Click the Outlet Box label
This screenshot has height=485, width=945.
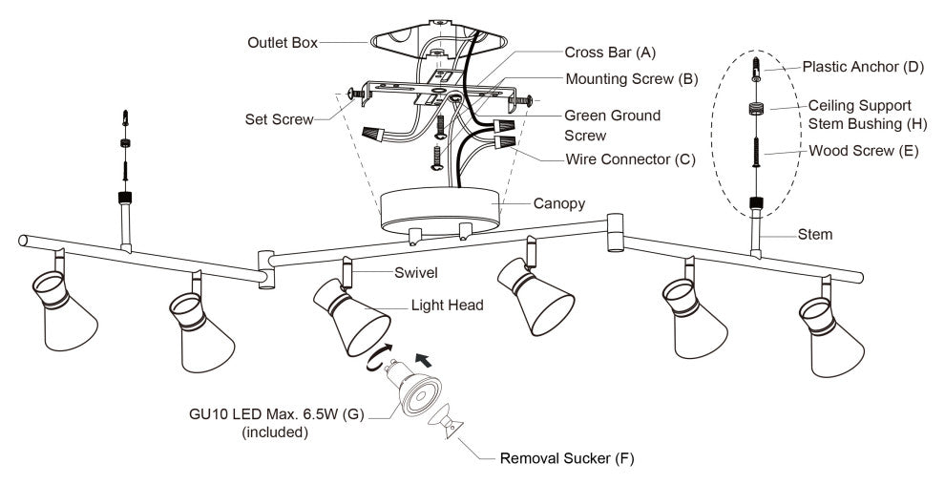click(282, 43)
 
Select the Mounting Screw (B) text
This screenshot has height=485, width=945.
click(632, 79)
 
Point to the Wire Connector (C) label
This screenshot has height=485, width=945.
click(629, 158)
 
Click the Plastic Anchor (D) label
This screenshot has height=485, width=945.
click(861, 68)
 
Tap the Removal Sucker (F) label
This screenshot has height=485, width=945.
click(567, 458)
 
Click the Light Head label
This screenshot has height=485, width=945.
click(445, 306)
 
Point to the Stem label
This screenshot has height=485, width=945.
click(815, 234)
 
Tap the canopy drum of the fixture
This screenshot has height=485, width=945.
click(440, 209)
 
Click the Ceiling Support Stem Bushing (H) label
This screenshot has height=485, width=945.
click(859, 114)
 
